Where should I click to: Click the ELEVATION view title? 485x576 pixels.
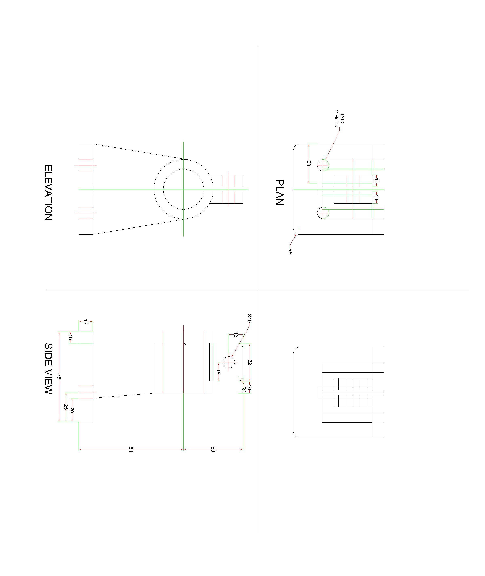coord(48,193)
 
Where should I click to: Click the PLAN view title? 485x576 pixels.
coord(279,193)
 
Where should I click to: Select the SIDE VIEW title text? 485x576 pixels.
coord(48,369)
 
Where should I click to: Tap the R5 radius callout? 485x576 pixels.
coord(290,251)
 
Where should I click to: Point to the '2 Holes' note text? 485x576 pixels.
coord(336,119)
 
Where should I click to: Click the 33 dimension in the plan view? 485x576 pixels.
coord(308,164)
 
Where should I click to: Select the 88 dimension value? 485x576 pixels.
coord(131,449)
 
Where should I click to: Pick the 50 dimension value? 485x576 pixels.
coord(213,449)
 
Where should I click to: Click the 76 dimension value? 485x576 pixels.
coord(59,376)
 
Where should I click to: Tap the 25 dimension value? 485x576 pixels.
coord(66,407)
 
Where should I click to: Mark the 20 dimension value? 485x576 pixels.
coord(72,410)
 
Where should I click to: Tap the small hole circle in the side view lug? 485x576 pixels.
coord(228,362)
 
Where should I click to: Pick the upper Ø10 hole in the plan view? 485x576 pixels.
coord(323,165)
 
